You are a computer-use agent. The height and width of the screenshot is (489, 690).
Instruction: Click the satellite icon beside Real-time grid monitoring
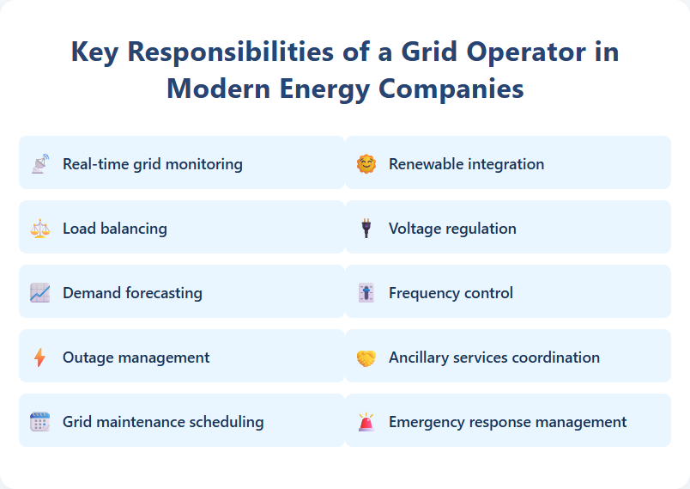tap(40, 164)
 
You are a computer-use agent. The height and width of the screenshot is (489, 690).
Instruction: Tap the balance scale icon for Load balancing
tap(40, 229)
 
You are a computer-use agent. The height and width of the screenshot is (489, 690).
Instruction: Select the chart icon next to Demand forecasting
tap(40, 293)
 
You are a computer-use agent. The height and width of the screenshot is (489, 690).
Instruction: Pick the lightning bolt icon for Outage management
tap(40, 358)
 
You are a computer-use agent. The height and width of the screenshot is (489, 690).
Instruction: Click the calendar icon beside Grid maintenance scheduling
tap(40, 422)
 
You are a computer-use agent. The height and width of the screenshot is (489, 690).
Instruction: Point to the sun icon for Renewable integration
tap(366, 164)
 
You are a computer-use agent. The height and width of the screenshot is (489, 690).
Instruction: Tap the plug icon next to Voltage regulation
tap(366, 229)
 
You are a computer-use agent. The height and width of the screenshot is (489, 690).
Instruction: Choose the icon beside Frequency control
tap(366, 293)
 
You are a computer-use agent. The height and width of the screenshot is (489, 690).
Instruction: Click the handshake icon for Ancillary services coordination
tap(366, 358)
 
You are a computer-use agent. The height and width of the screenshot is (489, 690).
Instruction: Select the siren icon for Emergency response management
tap(366, 422)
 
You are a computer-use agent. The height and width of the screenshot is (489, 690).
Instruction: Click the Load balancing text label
tap(115, 229)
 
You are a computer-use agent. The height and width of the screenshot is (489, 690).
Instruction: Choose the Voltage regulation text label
tap(452, 229)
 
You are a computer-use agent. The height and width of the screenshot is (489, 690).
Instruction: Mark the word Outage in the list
tap(88, 358)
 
